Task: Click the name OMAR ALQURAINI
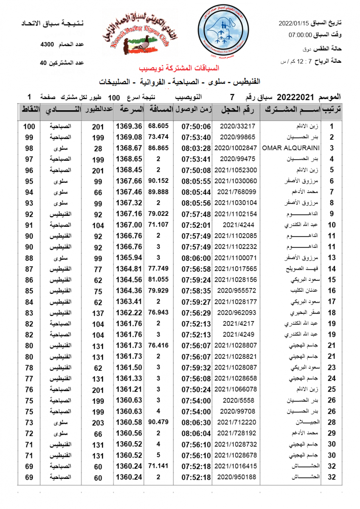[291, 148]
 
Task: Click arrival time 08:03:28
[196, 148]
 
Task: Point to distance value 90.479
[159, 422]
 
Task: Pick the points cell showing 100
[29, 126]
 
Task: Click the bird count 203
[98, 422]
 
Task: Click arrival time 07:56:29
[196, 313]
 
